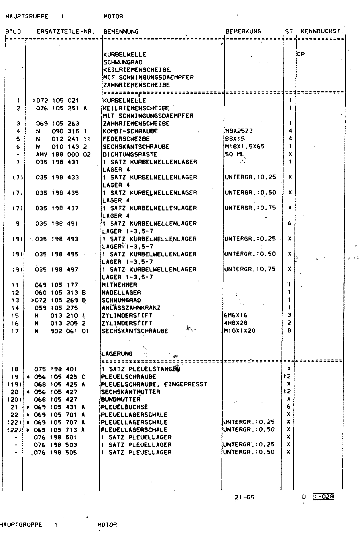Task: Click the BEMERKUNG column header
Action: pyautogui.click(x=243, y=32)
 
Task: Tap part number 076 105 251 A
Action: pyautogui.click(x=61, y=108)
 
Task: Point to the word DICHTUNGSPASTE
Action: pyautogui.click(x=130, y=155)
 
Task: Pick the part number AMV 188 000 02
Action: pyautogui.click(x=63, y=155)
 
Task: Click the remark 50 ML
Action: pyautogui.click(x=235, y=154)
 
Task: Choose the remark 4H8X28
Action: pyautogui.click(x=236, y=323)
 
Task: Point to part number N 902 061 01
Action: pyautogui.click(x=62, y=331)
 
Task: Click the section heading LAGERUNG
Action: pyautogui.click(x=117, y=354)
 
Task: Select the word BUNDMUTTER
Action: pyautogui.click(x=121, y=399)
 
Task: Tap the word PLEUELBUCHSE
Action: pyautogui.click(x=124, y=407)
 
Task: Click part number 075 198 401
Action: pyautogui.click(x=56, y=369)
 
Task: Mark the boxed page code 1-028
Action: pyautogui.click(x=323, y=497)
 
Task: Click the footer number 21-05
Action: pyautogui.click(x=244, y=497)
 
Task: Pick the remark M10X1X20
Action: pyautogui.click(x=240, y=331)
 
